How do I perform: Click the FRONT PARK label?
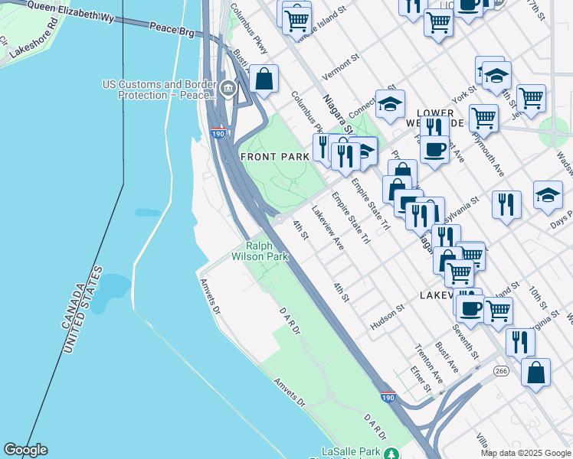click(x=275, y=156)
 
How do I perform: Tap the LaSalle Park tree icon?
click(x=391, y=454)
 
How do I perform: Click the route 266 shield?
click(x=501, y=371)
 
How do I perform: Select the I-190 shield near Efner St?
click(x=388, y=398)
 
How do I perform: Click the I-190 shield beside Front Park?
click(x=218, y=134)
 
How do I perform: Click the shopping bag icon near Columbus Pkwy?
click(x=264, y=79)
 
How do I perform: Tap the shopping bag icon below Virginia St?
click(x=536, y=372)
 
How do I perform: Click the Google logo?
click(x=25, y=451)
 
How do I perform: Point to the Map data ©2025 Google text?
click(x=526, y=453)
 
